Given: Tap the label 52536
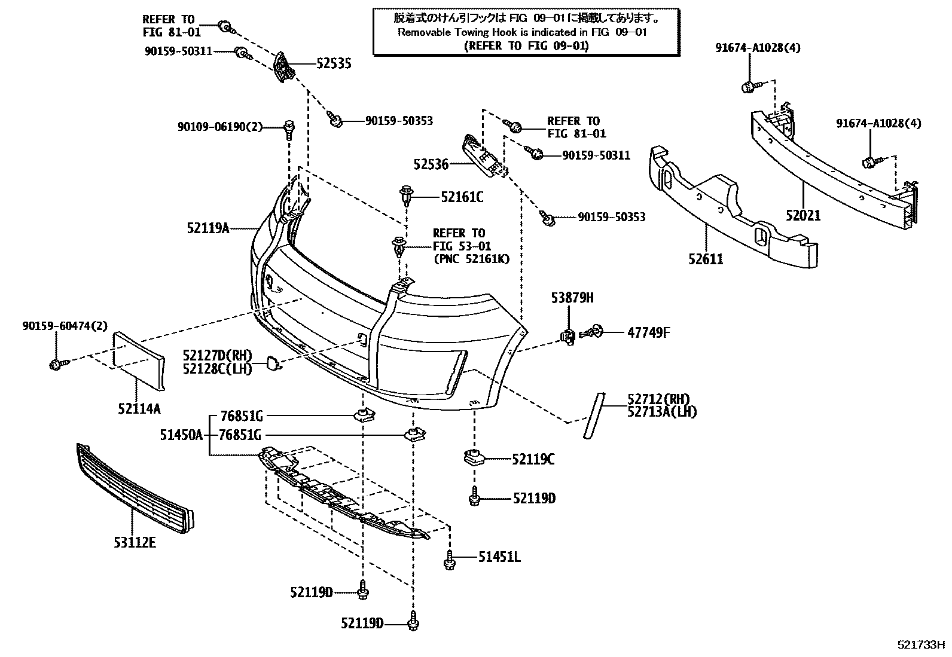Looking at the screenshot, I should click(431, 164).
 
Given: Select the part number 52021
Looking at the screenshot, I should click(803, 215).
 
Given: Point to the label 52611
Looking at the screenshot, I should click(706, 259).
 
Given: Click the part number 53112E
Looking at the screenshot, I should click(135, 542).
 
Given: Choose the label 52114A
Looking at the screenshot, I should click(139, 409).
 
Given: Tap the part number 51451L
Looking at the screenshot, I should click(499, 557).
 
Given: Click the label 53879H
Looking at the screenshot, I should click(572, 298).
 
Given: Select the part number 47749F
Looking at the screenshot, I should click(648, 332).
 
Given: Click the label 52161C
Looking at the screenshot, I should click(462, 196).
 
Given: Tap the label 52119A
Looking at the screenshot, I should click(208, 228).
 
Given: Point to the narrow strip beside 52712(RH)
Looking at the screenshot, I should click(594, 415).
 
